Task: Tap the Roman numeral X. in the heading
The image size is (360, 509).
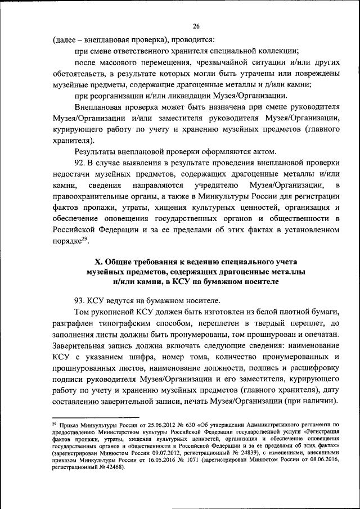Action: point(96,263)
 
